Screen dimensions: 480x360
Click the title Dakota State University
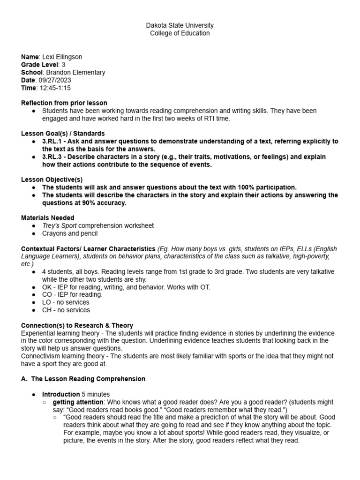click(180, 25)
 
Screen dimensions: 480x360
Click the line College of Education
click(180, 33)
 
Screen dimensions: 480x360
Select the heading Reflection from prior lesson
click(64, 103)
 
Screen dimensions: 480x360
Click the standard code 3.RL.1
click(52, 141)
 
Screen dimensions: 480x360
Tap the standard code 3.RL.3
click(52, 157)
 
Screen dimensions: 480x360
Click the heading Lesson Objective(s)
click(52, 180)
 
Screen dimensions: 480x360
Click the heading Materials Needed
click(48, 217)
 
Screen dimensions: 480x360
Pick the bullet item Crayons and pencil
click(70, 233)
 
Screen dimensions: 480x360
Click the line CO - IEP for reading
click(72, 294)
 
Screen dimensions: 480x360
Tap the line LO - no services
click(66, 302)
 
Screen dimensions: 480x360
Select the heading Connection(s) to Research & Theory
click(77, 325)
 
